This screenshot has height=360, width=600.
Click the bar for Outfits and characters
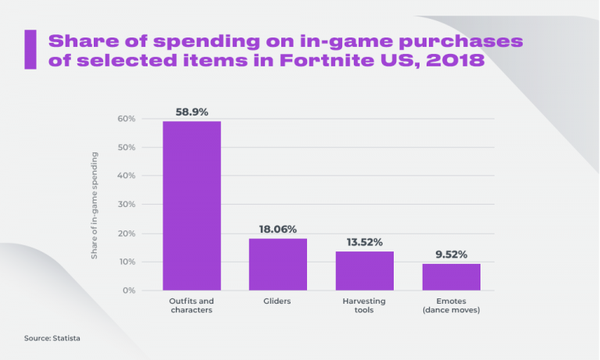tap(191, 205)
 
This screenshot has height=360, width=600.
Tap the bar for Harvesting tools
tap(364, 270)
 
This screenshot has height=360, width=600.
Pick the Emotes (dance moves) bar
tap(451, 276)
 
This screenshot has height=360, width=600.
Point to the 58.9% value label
tap(191, 112)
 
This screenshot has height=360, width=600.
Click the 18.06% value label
tap(278, 229)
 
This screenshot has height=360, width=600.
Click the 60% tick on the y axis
tap(127, 119)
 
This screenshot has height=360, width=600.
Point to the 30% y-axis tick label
tap(127, 205)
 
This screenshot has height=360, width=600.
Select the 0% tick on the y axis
tap(130, 290)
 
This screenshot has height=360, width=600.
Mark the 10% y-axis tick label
tap(127, 262)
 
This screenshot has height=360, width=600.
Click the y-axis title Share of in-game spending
tap(95, 205)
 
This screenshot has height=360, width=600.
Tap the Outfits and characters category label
tap(191, 305)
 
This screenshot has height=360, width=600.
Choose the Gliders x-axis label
tap(278, 301)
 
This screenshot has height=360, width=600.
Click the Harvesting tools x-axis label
tap(364, 305)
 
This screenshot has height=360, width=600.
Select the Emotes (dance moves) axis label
tap(451, 305)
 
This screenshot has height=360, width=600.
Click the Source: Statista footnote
tap(52, 338)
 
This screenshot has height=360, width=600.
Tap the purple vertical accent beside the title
tap(31, 50)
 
